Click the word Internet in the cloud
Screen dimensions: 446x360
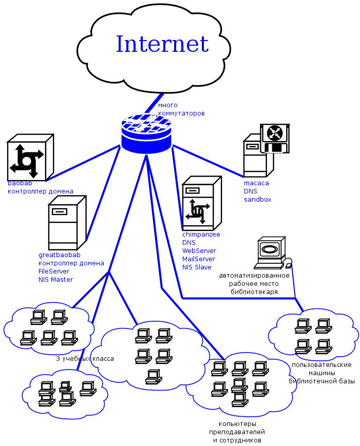162,44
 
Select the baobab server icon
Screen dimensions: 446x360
30,157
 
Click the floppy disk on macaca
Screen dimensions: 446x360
275,138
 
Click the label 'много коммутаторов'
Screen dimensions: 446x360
181,109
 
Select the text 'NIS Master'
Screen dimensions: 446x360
55,280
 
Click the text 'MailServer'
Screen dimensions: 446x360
199,259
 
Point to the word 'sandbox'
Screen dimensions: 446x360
257,200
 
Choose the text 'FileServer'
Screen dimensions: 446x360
54,272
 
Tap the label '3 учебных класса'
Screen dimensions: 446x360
85,359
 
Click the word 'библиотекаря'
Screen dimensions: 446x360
254,292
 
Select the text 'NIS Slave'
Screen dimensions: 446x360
197,267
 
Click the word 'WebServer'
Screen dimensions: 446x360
199,251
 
